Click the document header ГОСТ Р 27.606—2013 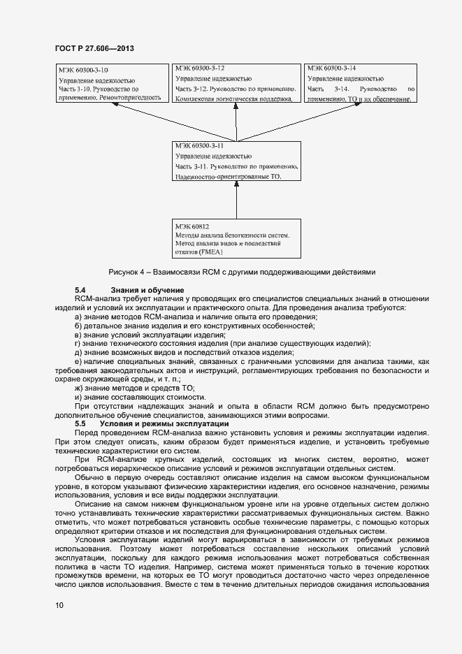pyautogui.click(x=94, y=48)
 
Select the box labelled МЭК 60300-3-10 pyautogui.click(x=111, y=84)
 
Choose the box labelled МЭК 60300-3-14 pyautogui.click(x=361, y=84)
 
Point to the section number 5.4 pyautogui.click(x=80, y=290)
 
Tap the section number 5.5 pyautogui.click(x=80, y=423)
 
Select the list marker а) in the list pyautogui.click(x=79, y=317)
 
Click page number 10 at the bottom pyautogui.click(x=59, y=605)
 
